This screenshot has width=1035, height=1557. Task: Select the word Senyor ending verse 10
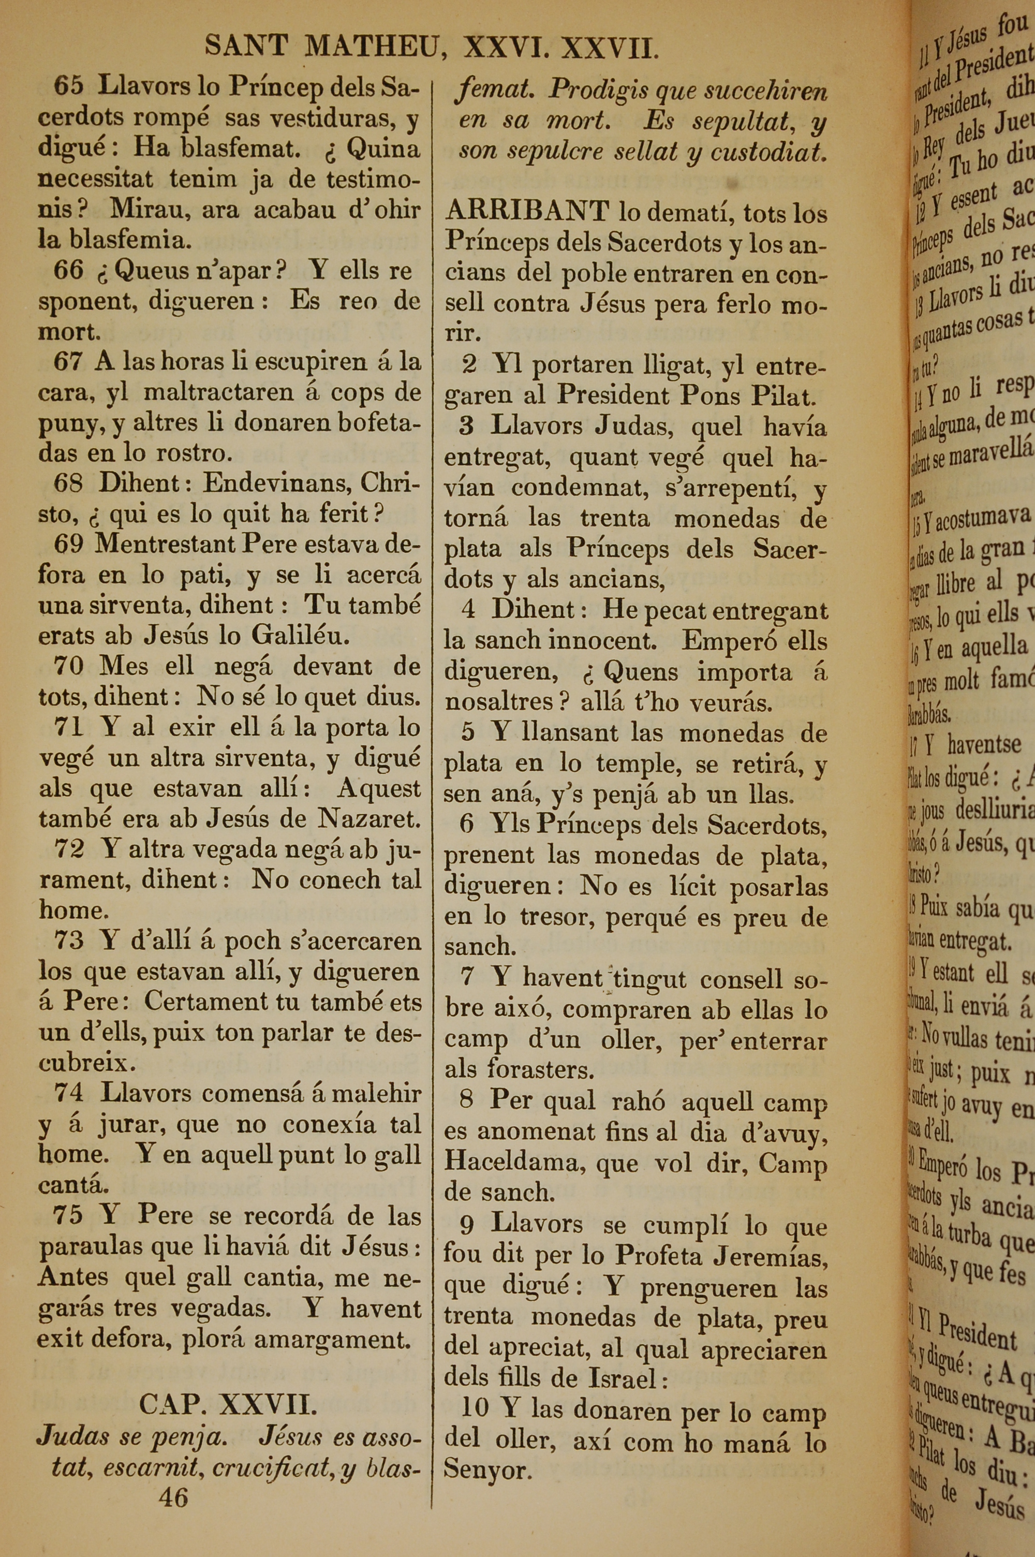pos(487,1470)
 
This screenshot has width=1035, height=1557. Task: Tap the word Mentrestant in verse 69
pos(165,544)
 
